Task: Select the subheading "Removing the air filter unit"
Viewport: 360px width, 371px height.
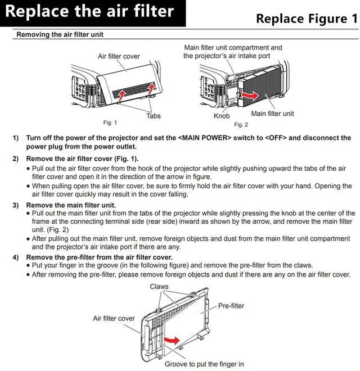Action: tap(60, 35)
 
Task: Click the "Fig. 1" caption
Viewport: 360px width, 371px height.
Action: tap(110, 122)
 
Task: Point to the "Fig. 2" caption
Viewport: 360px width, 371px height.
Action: tap(241, 124)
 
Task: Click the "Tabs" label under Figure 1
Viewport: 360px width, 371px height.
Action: tap(154, 116)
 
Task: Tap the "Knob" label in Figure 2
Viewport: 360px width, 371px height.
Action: tap(222, 116)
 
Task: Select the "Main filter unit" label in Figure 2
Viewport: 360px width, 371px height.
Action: tap(272, 114)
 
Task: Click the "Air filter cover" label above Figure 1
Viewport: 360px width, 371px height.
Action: tap(119, 56)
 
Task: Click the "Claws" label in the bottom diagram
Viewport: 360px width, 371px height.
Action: tap(159, 287)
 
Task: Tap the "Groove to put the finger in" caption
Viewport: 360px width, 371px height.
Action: tap(204, 364)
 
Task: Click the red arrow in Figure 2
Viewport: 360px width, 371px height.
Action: tap(256, 96)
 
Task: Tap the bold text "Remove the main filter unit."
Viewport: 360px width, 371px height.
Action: tap(71, 205)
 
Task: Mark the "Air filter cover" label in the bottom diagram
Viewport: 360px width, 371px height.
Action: tap(114, 318)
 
